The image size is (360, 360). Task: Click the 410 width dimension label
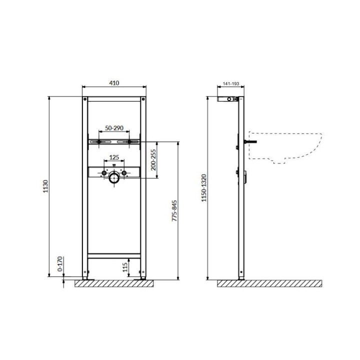pos(114,83)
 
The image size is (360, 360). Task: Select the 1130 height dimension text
pos(46,186)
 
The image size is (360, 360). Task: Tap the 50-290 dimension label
pos(114,128)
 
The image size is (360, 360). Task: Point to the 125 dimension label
pos(114,157)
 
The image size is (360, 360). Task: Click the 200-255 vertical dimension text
pos(153,160)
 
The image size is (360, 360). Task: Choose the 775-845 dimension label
pos(174,211)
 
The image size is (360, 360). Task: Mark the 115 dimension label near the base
pos(125,267)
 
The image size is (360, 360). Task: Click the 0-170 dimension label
pos(60,264)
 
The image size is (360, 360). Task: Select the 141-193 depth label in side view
pos(231,84)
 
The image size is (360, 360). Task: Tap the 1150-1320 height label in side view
pos(204,188)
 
